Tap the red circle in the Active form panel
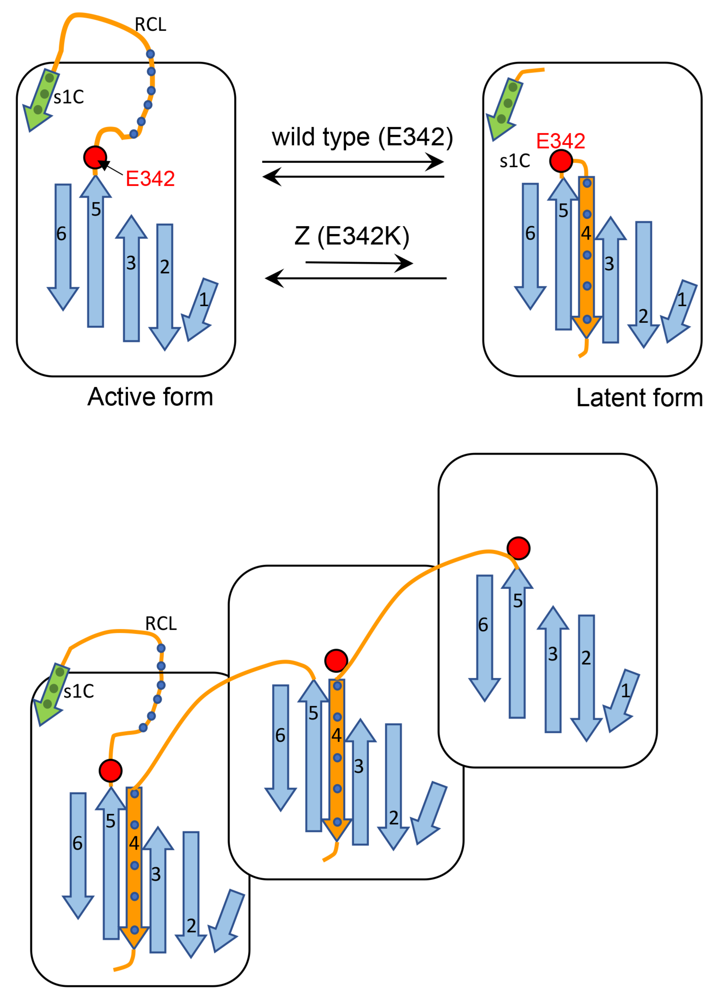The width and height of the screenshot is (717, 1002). click(x=95, y=157)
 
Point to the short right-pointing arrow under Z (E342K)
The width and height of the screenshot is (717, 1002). click(x=358, y=263)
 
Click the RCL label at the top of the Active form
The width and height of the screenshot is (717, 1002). click(x=151, y=25)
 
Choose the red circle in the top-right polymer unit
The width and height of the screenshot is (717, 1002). click(x=518, y=548)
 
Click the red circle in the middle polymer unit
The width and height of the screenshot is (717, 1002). click(x=336, y=660)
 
